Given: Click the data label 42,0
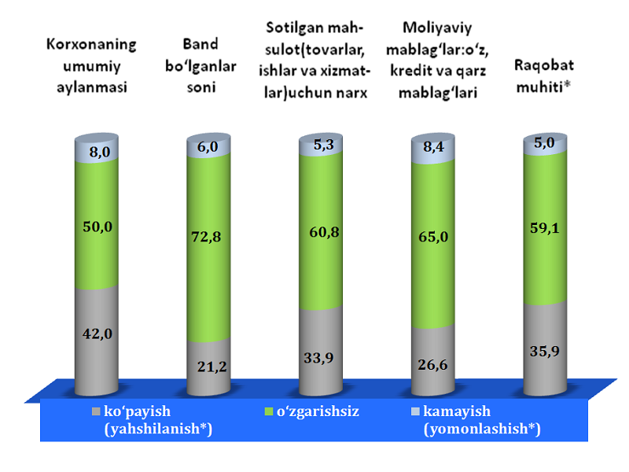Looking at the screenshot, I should tap(98, 333).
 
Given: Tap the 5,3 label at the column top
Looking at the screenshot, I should tap(322, 144).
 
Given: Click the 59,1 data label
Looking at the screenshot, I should tap(546, 232).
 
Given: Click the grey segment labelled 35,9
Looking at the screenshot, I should tap(546, 346).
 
